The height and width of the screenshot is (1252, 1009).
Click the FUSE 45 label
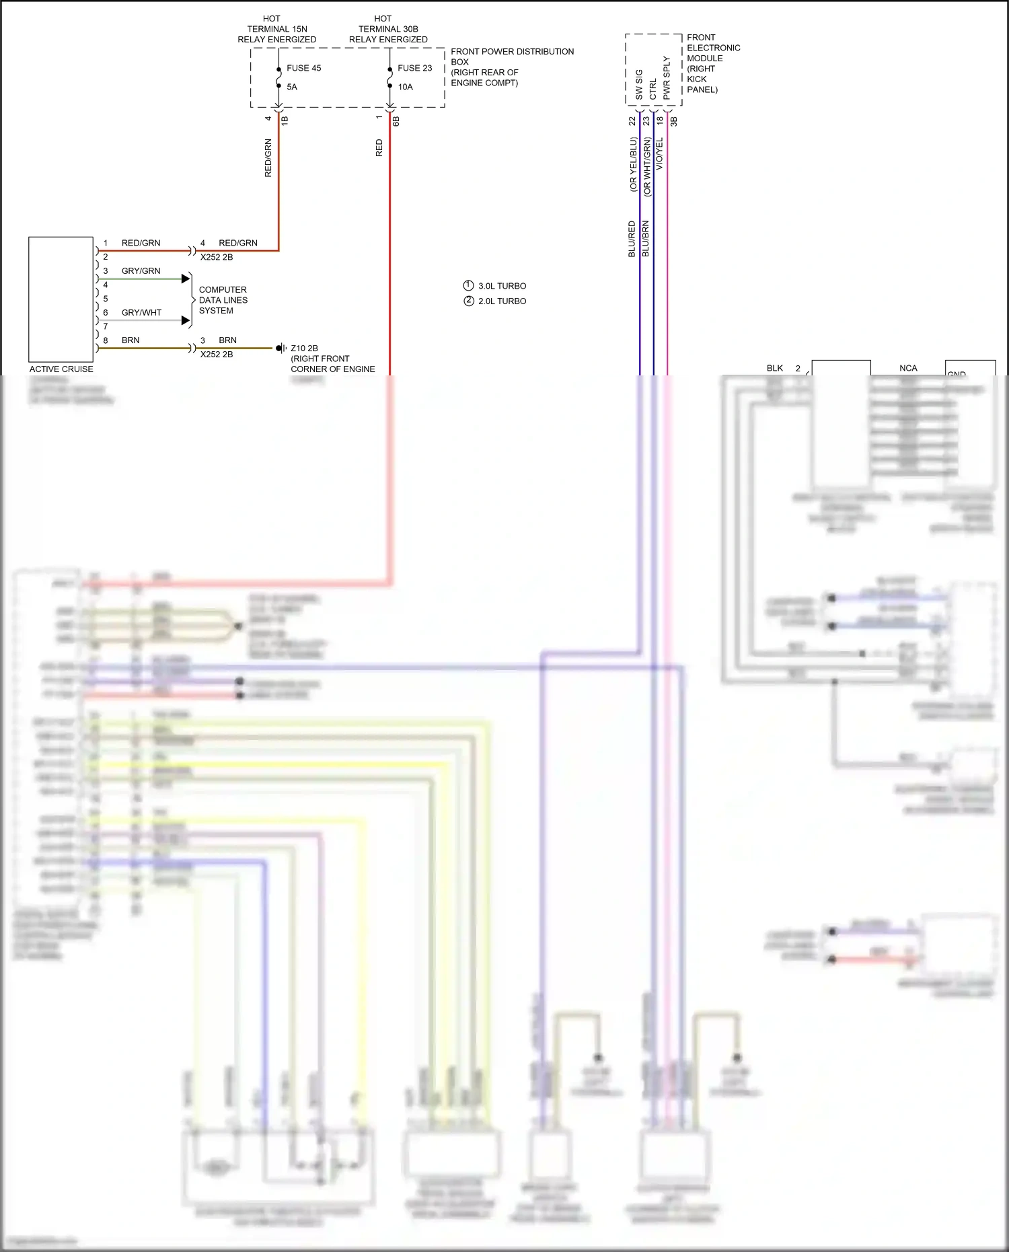tap(303, 68)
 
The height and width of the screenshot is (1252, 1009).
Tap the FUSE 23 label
tap(414, 68)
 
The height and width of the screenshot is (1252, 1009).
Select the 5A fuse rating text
tap(292, 87)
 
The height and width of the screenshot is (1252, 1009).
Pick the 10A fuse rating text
tap(405, 87)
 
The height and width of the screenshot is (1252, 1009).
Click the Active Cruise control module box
tap(61, 299)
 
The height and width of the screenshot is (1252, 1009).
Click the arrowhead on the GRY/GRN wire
tap(186, 279)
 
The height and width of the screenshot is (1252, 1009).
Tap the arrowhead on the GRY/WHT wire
tap(186, 320)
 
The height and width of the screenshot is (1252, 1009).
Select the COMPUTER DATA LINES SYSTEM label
tap(223, 300)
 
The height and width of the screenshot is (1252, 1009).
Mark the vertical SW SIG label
tap(639, 85)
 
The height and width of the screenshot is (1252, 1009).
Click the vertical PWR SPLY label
tap(667, 78)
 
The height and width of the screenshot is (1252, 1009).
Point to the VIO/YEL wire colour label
tap(659, 153)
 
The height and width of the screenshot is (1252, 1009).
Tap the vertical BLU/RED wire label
tap(632, 239)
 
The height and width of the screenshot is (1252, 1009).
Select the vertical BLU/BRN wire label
tap(646, 239)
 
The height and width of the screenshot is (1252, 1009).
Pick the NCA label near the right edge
tap(908, 368)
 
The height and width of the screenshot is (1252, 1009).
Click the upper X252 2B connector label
tap(217, 257)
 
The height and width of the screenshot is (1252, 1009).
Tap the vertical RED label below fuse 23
tap(379, 148)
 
